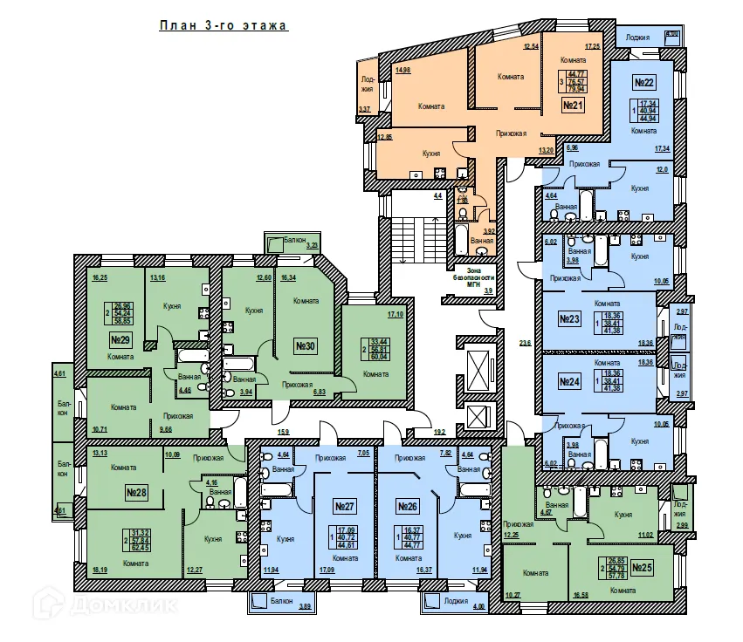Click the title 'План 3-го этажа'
point(224,26)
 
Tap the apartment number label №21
point(573,106)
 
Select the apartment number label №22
point(644,83)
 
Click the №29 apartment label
point(120,338)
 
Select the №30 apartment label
point(305,346)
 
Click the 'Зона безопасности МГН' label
point(474,276)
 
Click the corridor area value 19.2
point(439,431)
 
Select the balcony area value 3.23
point(312,247)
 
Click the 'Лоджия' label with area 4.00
point(456,602)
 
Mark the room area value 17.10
point(395,314)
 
